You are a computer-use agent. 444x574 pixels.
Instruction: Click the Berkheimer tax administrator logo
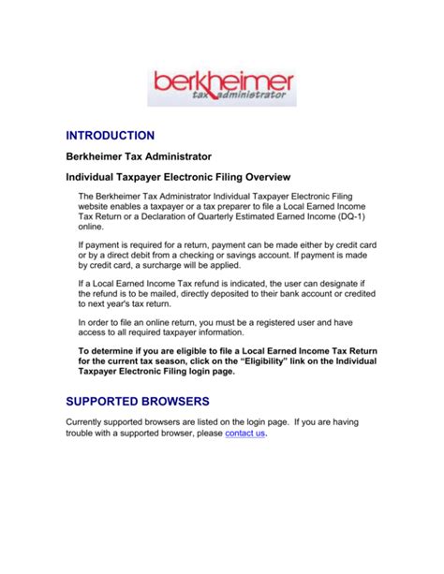coord(221,86)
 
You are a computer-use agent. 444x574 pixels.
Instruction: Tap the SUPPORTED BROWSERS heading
coord(133,401)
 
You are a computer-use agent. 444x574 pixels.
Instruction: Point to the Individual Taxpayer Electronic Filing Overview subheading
coord(177,176)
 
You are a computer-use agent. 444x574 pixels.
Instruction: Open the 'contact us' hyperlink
coord(245,434)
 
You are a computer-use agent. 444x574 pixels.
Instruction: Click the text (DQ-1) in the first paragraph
coord(347,213)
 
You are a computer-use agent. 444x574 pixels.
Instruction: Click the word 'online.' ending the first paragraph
coord(90,225)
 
